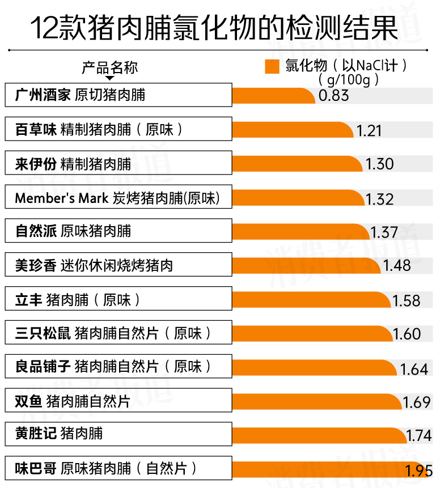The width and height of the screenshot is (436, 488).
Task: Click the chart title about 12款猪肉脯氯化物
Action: (x=214, y=28)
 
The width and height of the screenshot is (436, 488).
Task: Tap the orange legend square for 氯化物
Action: (x=272, y=67)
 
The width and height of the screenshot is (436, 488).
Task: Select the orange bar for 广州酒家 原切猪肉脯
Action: (x=273, y=95)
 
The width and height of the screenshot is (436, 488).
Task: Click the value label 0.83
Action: (x=333, y=95)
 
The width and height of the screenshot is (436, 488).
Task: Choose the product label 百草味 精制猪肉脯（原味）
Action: (x=100, y=129)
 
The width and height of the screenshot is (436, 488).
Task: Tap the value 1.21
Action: (x=369, y=131)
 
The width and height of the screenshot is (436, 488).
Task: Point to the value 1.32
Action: (x=379, y=199)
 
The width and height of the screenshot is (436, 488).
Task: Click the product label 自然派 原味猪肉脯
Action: (x=73, y=231)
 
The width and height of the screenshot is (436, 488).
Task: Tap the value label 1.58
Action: (x=407, y=300)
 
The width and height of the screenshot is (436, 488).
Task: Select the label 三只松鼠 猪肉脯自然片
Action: (x=113, y=333)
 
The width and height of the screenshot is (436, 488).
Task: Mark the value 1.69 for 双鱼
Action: (x=417, y=402)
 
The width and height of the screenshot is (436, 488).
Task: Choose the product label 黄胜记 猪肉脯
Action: (x=59, y=434)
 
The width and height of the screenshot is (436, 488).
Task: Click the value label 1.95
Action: (x=420, y=470)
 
